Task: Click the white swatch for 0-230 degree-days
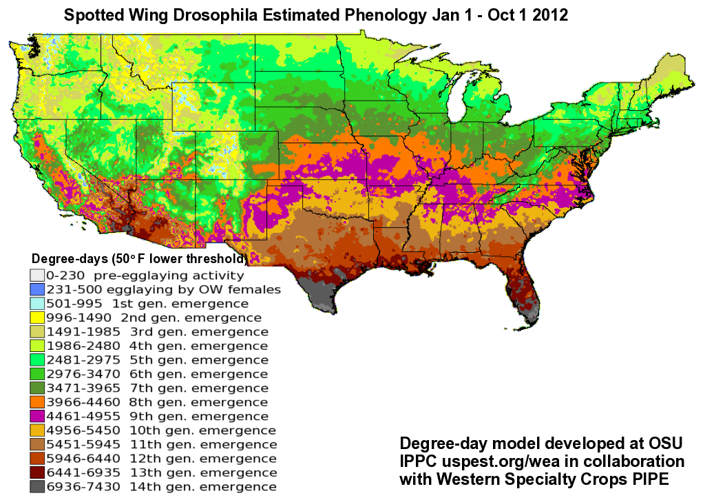pyautogui.click(x=36, y=275)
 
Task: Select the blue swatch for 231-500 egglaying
pyautogui.click(x=36, y=289)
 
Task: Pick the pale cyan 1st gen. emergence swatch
pyautogui.click(x=36, y=304)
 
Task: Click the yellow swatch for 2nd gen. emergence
pyautogui.click(x=36, y=317)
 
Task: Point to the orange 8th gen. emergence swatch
pyautogui.click(x=36, y=402)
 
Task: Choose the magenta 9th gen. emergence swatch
pyautogui.click(x=36, y=416)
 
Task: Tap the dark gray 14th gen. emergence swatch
pyautogui.click(x=36, y=487)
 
